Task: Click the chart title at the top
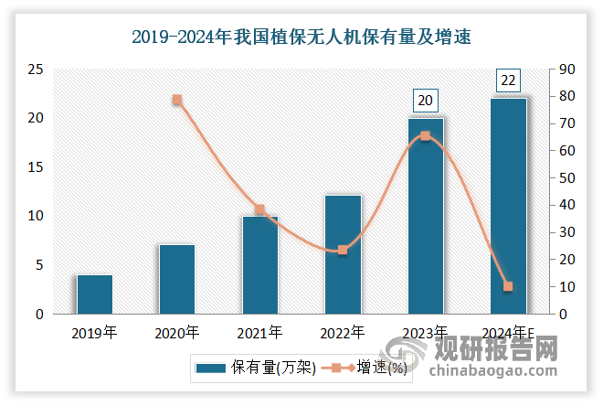[301, 37]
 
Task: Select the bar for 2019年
[95, 294]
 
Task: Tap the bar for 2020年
[177, 279]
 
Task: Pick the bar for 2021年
[259, 265]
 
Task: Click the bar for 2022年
[343, 254]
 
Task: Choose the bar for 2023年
[426, 216]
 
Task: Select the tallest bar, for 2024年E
[508, 206]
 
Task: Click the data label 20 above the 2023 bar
[426, 100]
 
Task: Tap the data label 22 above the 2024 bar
[508, 80]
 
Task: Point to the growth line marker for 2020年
[177, 100]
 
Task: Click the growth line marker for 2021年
[259, 209]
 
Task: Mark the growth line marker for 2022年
[343, 250]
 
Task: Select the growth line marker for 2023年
[426, 135]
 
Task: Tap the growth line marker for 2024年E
[508, 286]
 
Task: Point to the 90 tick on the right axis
[567, 69]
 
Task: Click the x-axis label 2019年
[95, 332]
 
